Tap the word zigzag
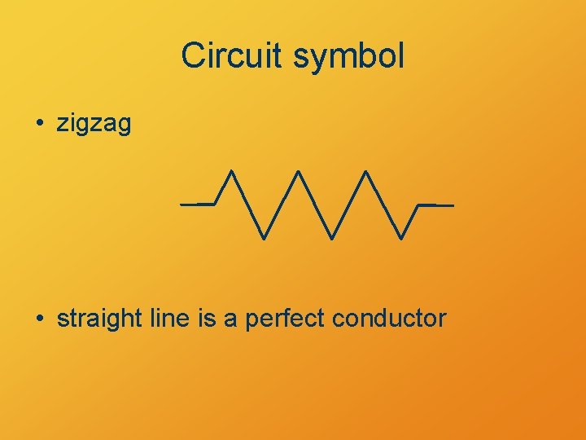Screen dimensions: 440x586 point(94,125)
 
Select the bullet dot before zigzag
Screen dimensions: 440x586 point(39,125)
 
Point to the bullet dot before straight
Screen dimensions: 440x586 point(39,319)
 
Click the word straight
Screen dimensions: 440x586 point(100,319)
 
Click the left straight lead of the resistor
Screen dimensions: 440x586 point(197,205)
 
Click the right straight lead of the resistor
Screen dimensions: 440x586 point(435,205)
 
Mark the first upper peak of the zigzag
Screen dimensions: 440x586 point(231,172)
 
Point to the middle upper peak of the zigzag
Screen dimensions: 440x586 point(299,172)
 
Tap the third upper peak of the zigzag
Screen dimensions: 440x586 point(367,172)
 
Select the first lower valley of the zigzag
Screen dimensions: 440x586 point(264,237)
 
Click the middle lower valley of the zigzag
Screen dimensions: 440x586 point(332,237)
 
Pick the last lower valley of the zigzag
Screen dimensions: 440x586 point(401,237)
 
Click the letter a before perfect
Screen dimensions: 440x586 point(230,319)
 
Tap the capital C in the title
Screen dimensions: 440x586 point(193,56)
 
